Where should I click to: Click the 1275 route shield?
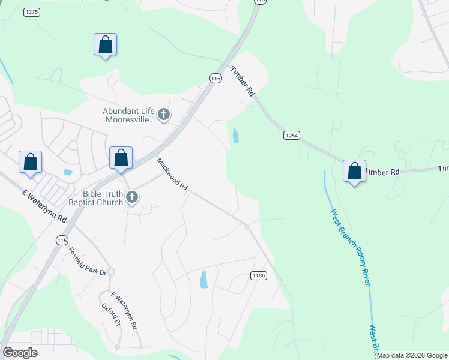[x=32, y=12]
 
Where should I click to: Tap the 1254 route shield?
[x=291, y=136]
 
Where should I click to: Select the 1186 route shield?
[x=258, y=275]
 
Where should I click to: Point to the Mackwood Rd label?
[x=173, y=174]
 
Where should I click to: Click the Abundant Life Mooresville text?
[x=129, y=115]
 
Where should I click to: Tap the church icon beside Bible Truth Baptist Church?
[x=132, y=197]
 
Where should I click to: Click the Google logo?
[x=20, y=353]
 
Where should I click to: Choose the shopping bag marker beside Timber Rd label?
[x=355, y=171]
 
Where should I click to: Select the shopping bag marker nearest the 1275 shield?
[x=105, y=44]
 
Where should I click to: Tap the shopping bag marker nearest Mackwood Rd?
[x=121, y=158]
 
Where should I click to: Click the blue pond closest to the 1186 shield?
[x=203, y=279]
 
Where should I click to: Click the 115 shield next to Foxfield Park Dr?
[x=61, y=239]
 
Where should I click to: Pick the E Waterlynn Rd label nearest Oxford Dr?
[x=125, y=311]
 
